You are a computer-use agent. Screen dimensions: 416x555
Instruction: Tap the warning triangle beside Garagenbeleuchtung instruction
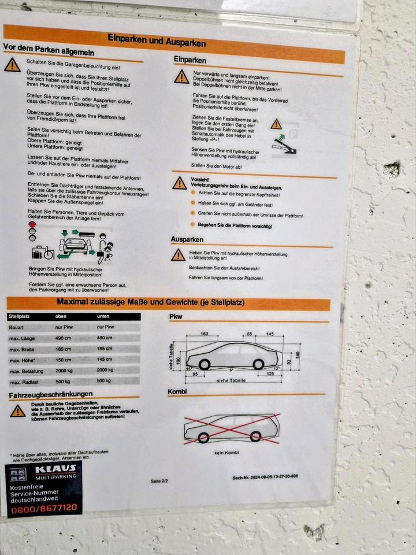(12, 65)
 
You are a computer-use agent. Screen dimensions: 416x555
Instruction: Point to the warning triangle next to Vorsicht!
(180, 183)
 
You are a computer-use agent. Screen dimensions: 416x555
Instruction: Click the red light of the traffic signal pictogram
(32, 224)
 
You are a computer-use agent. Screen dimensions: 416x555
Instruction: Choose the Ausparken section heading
(187, 239)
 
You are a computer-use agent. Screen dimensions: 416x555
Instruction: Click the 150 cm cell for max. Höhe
(64, 360)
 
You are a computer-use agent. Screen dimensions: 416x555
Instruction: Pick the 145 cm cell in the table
(105, 360)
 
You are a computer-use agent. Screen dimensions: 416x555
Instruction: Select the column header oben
(61, 316)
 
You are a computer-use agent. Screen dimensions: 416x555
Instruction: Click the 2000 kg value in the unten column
(106, 370)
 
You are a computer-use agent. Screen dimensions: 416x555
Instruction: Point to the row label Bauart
(17, 327)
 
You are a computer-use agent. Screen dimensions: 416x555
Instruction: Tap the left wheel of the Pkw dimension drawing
(204, 364)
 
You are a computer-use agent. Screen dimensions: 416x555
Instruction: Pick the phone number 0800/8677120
(43, 507)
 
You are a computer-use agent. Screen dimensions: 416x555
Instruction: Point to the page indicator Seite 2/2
(159, 481)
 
